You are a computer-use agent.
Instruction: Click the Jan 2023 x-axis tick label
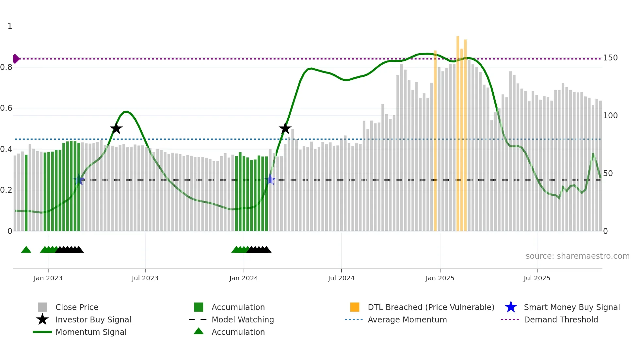click(48, 278)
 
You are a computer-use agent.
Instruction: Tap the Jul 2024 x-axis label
click(341, 278)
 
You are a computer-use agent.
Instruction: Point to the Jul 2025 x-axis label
click(537, 278)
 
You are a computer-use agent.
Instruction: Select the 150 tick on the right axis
click(610, 58)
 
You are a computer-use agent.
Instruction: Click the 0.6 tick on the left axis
click(6, 108)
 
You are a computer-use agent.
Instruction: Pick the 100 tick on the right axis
click(610, 116)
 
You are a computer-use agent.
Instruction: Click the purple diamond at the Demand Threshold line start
click(16, 59)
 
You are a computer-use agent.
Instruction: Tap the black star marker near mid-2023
click(116, 129)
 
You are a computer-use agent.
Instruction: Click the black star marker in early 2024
click(285, 129)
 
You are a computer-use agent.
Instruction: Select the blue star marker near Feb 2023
click(79, 180)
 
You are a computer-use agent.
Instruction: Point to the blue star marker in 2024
click(270, 180)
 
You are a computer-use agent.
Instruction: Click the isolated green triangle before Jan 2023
click(26, 250)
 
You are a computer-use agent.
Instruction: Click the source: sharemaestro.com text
click(577, 256)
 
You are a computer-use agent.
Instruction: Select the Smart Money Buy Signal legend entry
click(571, 307)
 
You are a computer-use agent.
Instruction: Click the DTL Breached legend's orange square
click(355, 307)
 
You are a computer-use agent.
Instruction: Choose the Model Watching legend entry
click(243, 319)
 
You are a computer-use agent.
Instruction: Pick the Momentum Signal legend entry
click(91, 332)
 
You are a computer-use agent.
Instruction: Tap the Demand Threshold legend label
click(561, 319)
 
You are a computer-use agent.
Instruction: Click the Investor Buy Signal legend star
click(42, 319)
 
